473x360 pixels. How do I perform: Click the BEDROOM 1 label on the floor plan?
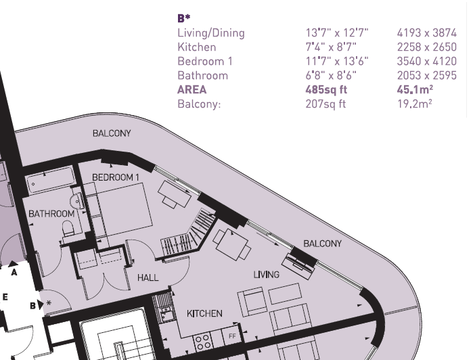point(116,177)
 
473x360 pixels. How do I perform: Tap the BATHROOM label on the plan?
point(51,214)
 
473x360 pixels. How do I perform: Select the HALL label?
point(148,277)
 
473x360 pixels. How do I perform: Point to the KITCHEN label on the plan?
point(204,313)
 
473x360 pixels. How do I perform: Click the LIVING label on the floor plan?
point(267,275)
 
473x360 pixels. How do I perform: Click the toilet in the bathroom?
point(68,229)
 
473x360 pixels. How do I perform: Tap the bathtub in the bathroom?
point(51,180)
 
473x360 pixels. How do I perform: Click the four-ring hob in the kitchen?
point(203,342)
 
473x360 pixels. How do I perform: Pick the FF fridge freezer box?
point(232,335)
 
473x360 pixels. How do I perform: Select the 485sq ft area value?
point(326,89)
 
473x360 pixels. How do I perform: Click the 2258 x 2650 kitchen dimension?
point(427,47)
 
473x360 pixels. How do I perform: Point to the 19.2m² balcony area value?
point(415,104)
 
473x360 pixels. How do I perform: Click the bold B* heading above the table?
point(183,18)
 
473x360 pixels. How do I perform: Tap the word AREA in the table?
point(192,89)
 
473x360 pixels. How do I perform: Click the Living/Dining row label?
point(211,33)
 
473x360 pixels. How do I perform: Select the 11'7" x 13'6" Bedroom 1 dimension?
point(337,62)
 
